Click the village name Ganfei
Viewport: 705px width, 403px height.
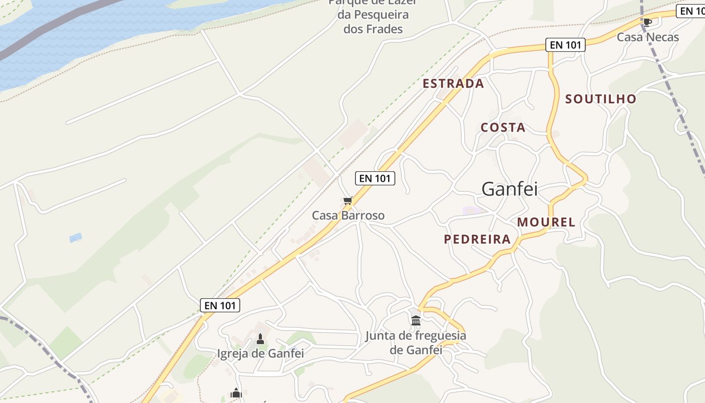tap(510, 189)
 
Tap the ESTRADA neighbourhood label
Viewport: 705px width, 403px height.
tap(453, 84)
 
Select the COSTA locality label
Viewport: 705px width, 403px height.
tap(503, 127)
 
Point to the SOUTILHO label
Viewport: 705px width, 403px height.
tap(601, 99)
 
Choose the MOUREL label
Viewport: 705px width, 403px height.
tap(546, 222)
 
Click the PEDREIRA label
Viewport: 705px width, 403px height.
tap(477, 239)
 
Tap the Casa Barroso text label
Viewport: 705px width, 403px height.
tap(348, 216)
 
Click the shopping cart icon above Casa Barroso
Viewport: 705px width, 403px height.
tap(347, 201)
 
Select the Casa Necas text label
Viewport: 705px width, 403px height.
tap(648, 37)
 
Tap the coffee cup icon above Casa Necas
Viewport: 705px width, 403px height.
tap(648, 22)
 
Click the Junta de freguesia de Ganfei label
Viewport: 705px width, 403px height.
tap(415, 343)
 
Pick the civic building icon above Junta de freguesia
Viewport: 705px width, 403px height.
tap(416, 320)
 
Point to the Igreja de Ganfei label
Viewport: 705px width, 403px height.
tap(260, 353)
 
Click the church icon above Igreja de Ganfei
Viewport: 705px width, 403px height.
tap(260, 339)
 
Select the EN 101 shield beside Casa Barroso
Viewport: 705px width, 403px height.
tap(375, 178)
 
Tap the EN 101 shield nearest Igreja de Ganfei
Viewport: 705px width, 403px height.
tap(220, 305)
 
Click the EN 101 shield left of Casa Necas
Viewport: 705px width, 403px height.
tap(566, 45)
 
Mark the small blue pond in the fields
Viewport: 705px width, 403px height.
tap(76, 237)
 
